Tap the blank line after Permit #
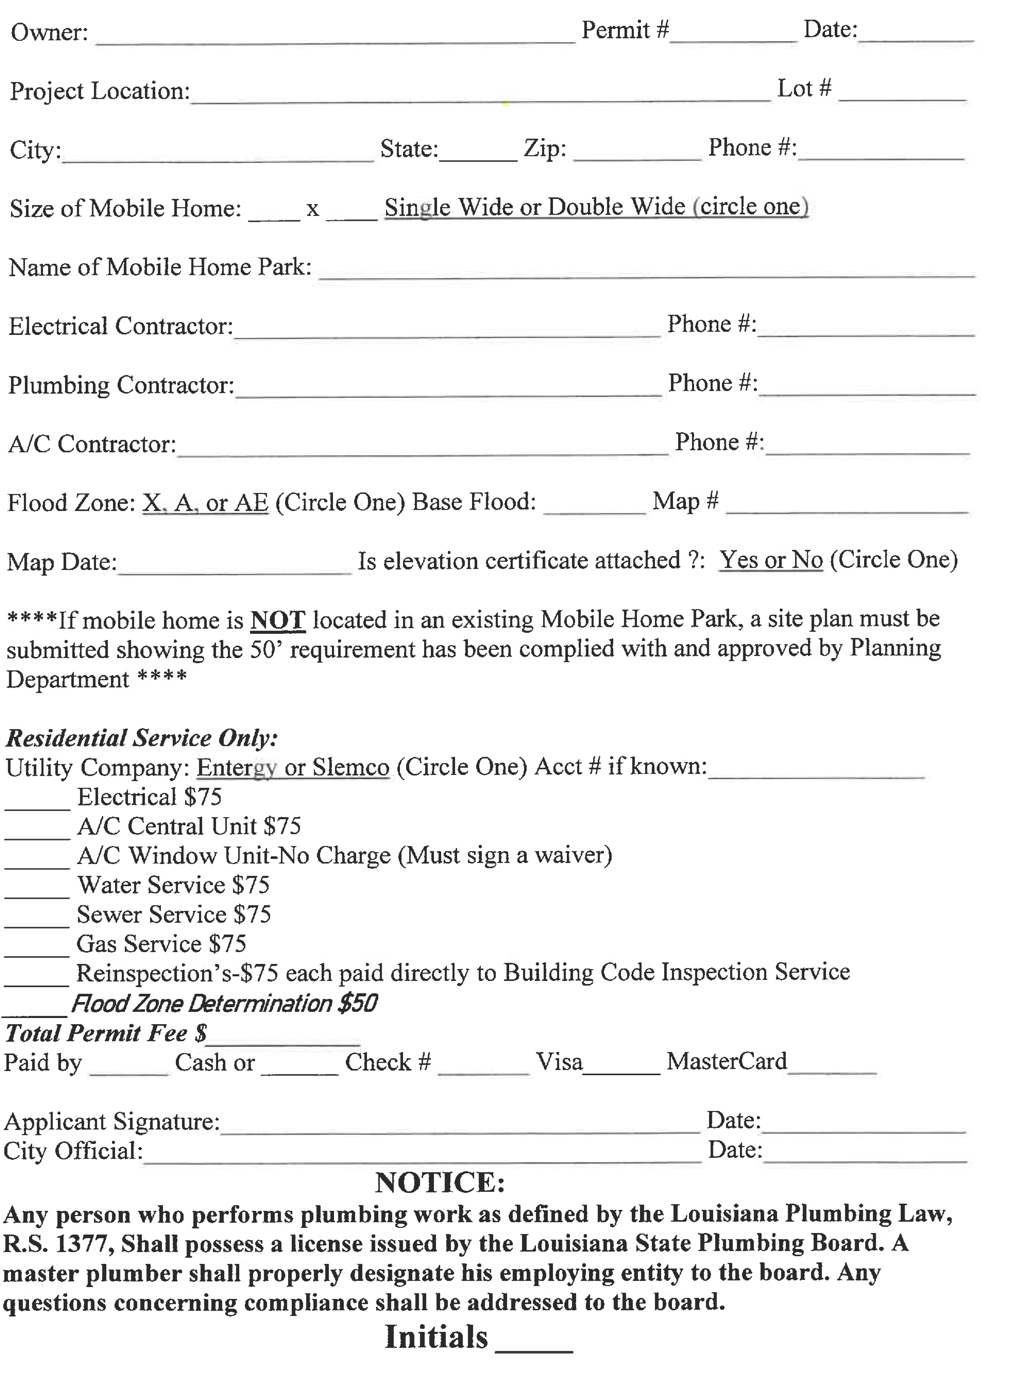click(x=733, y=34)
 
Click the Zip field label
click(x=544, y=148)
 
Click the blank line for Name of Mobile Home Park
click(x=646, y=271)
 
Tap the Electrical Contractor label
click(x=121, y=326)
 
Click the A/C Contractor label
click(x=92, y=444)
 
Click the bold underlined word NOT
click(x=277, y=620)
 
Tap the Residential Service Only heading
click(x=141, y=738)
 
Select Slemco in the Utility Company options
click(x=351, y=767)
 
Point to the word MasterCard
click(x=726, y=1061)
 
